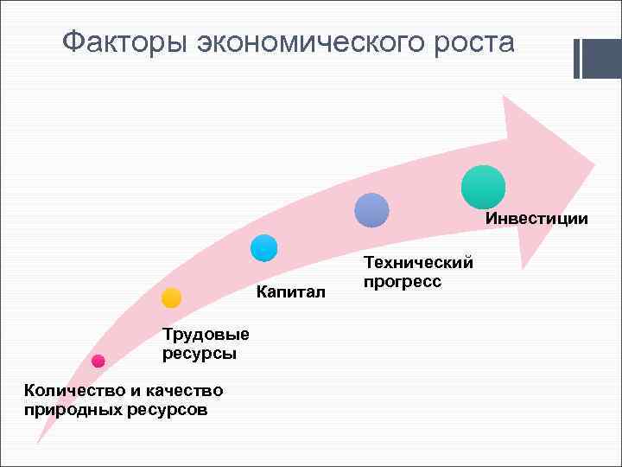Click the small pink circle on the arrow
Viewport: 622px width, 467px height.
[98, 361]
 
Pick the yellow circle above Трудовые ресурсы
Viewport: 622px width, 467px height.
[171, 298]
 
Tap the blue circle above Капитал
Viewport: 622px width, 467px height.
[263, 249]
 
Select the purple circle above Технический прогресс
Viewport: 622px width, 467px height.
[372, 210]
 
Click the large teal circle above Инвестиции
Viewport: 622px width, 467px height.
[483, 187]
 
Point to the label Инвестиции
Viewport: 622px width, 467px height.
[536, 219]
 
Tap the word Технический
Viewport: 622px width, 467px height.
[419, 262]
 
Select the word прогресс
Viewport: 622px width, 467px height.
[403, 282]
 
